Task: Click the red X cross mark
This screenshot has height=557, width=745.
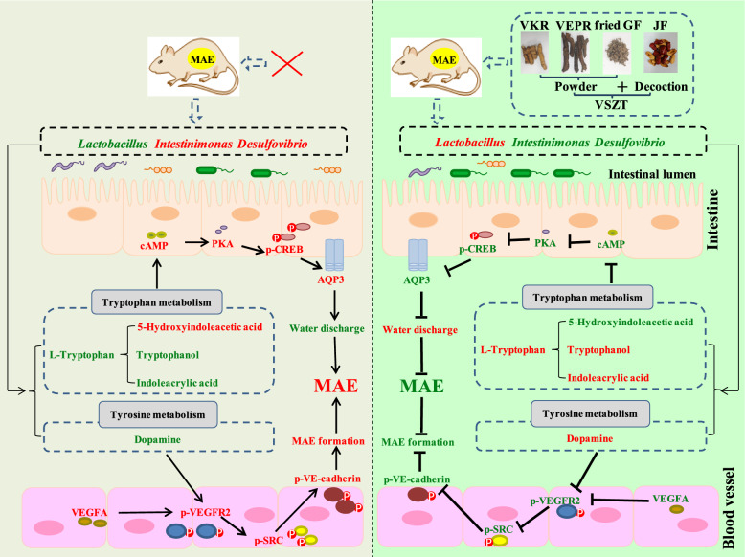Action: pyautogui.click(x=287, y=63)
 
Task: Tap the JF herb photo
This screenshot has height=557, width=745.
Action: pyautogui.click(x=661, y=53)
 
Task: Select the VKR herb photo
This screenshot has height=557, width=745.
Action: pyautogui.click(x=534, y=53)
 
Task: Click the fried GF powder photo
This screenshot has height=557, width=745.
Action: pyautogui.click(x=618, y=54)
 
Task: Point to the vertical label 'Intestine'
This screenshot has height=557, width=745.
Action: pyautogui.click(x=712, y=219)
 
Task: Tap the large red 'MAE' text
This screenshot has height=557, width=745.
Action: pyautogui.click(x=335, y=386)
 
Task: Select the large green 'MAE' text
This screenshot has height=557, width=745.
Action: pyautogui.click(x=422, y=386)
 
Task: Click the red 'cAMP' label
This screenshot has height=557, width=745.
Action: pyautogui.click(x=154, y=246)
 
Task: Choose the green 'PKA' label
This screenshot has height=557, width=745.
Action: pyautogui.click(x=545, y=243)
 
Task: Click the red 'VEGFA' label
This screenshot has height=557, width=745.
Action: pyautogui.click(x=89, y=512)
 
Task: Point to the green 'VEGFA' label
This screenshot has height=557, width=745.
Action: pyautogui.click(x=670, y=499)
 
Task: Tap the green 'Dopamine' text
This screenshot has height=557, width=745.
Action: pyautogui.click(x=157, y=439)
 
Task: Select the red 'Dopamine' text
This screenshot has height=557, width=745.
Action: pyautogui.click(x=590, y=438)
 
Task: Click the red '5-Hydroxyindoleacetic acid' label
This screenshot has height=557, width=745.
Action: pyautogui.click(x=199, y=326)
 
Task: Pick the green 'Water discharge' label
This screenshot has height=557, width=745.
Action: pyautogui.click(x=327, y=328)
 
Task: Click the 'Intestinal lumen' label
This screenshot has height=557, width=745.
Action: pyautogui.click(x=652, y=175)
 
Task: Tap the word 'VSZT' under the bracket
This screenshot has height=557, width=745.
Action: pyautogui.click(x=612, y=105)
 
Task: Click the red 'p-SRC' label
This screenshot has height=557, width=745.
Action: pyautogui.click(x=268, y=540)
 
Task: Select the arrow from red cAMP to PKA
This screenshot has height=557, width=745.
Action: pyautogui.click(x=196, y=243)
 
